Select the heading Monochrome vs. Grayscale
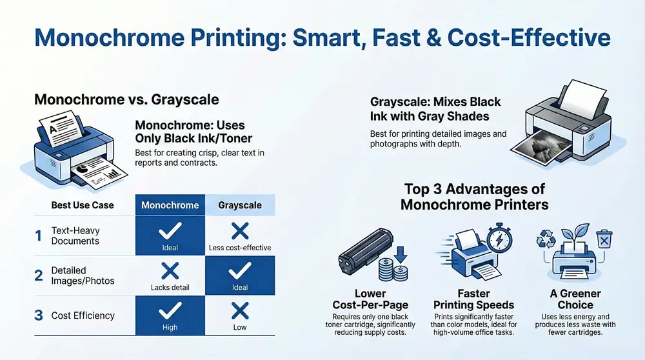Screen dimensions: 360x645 (x=126, y=100)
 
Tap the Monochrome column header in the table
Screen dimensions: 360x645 (x=170, y=205)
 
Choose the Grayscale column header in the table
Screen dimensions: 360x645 (x=240, y=205)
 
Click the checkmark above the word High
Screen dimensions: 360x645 (x=170, y=312)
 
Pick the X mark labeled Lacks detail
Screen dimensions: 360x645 (x=170, y=272)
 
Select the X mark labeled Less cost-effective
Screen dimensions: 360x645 (x=240, y=230)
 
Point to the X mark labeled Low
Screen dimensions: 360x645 (x=240, y=312)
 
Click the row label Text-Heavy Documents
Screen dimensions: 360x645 (x=75, y=235)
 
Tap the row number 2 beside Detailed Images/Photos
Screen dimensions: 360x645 (x=39, y=275)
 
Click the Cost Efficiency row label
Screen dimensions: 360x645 (x=83, y=315)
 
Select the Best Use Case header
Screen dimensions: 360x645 (x=83, y=205)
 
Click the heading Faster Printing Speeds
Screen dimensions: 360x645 (x=473, y=299)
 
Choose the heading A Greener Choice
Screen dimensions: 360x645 (x=575, y=299)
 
